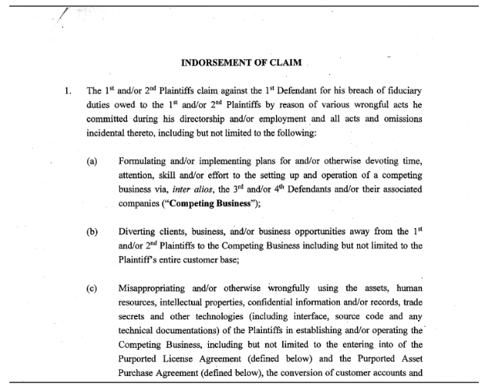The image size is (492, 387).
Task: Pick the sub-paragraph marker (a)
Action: (x=92, y=161)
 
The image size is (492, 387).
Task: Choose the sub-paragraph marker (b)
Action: (x=92, y=231)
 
